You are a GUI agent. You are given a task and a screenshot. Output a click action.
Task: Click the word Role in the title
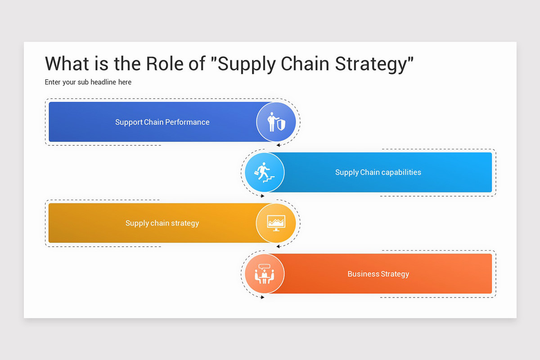tap(165, 63)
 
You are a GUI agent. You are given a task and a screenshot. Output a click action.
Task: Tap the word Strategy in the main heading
tap(374, 64)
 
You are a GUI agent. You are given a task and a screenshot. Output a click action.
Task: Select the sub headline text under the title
tap(88, 82)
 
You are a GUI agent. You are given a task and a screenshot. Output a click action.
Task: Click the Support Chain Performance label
tap(162, 122)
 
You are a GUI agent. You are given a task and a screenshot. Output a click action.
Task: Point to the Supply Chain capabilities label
tap(378, 172)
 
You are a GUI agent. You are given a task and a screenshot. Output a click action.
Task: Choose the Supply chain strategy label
tap(162, 223)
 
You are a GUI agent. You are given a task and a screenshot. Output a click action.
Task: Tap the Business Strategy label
tap(378, 274)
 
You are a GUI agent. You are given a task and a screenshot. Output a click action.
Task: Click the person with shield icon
tap(276, 122)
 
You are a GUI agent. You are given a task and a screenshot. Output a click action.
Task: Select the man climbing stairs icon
tap(264, 172)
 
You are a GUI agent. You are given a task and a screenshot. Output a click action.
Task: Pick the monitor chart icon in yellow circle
tap(276, 223)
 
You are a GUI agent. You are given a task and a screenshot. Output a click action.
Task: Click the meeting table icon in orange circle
tap(265, 274)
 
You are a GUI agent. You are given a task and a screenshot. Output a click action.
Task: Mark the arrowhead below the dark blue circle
tap(278, 145)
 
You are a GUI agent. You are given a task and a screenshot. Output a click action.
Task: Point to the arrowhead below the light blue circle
tap(262, 196)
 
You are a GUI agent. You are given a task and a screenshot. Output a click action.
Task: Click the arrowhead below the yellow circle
tap(278, 246)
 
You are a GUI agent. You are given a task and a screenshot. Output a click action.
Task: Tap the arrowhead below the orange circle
tap(262, 297)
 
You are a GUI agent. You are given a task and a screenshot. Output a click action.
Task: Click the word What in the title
tap(67, 63)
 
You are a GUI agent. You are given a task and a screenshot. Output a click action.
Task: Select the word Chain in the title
tap(305, 63)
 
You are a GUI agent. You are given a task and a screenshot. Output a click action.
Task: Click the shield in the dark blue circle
tap(281, 125)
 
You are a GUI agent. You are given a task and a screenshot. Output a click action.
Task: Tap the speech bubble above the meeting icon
tap(264, 267)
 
